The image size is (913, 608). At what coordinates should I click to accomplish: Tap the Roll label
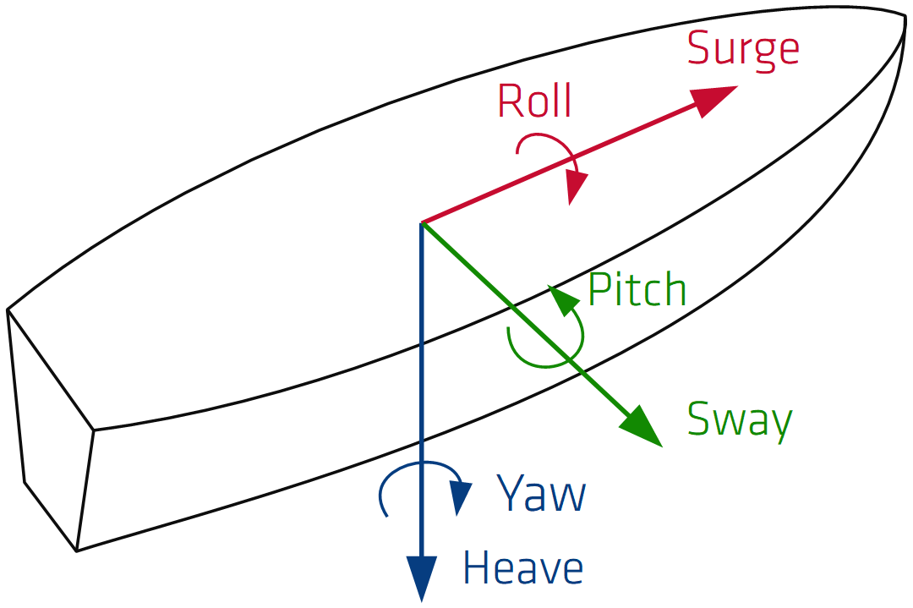(534, 101)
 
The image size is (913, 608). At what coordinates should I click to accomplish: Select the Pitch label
(637, 290)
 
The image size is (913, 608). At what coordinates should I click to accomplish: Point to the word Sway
(740, 419)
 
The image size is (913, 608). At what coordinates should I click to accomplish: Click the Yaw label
(541, 494)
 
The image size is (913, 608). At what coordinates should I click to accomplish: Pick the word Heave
(522, 568)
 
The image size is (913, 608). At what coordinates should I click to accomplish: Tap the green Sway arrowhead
(642, 426)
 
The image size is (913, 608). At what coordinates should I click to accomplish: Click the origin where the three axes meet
(421, 223)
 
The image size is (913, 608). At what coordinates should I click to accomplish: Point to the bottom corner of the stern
(77, 550)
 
